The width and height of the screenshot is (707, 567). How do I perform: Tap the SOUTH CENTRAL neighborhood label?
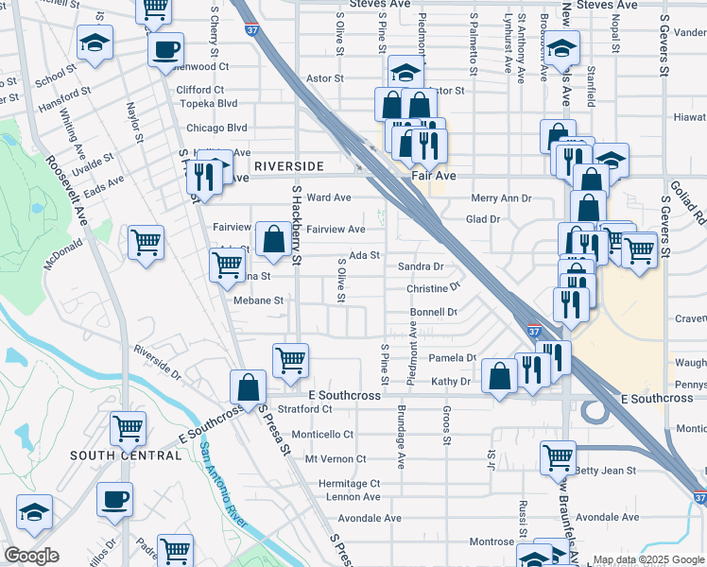(x=126, y=455)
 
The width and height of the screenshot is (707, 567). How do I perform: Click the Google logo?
(x=31, y=556)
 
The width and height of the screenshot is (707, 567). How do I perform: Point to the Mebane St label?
(x=258, y=301)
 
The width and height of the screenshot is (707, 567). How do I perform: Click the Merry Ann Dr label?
(x=501, y=198)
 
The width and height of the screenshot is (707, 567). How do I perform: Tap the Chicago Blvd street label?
(x=216, y=129)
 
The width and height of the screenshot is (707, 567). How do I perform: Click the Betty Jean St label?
(x=606, y=470)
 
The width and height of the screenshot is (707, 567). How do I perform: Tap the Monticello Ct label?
(x=321, y=435)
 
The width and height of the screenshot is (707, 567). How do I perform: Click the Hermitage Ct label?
(x=348, y=483)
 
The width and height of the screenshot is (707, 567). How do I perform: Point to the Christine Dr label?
(x=433, y=287)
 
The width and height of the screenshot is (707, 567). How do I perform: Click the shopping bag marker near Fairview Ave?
(x=273, y=240)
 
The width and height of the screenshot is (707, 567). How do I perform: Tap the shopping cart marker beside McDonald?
(x=146, y=244)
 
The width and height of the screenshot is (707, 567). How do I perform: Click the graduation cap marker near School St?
(x=95, y=44)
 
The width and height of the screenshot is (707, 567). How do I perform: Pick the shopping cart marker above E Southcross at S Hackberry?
(x=290, y=359)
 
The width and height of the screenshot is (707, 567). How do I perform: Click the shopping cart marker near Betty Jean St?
(x=558, y=458)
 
